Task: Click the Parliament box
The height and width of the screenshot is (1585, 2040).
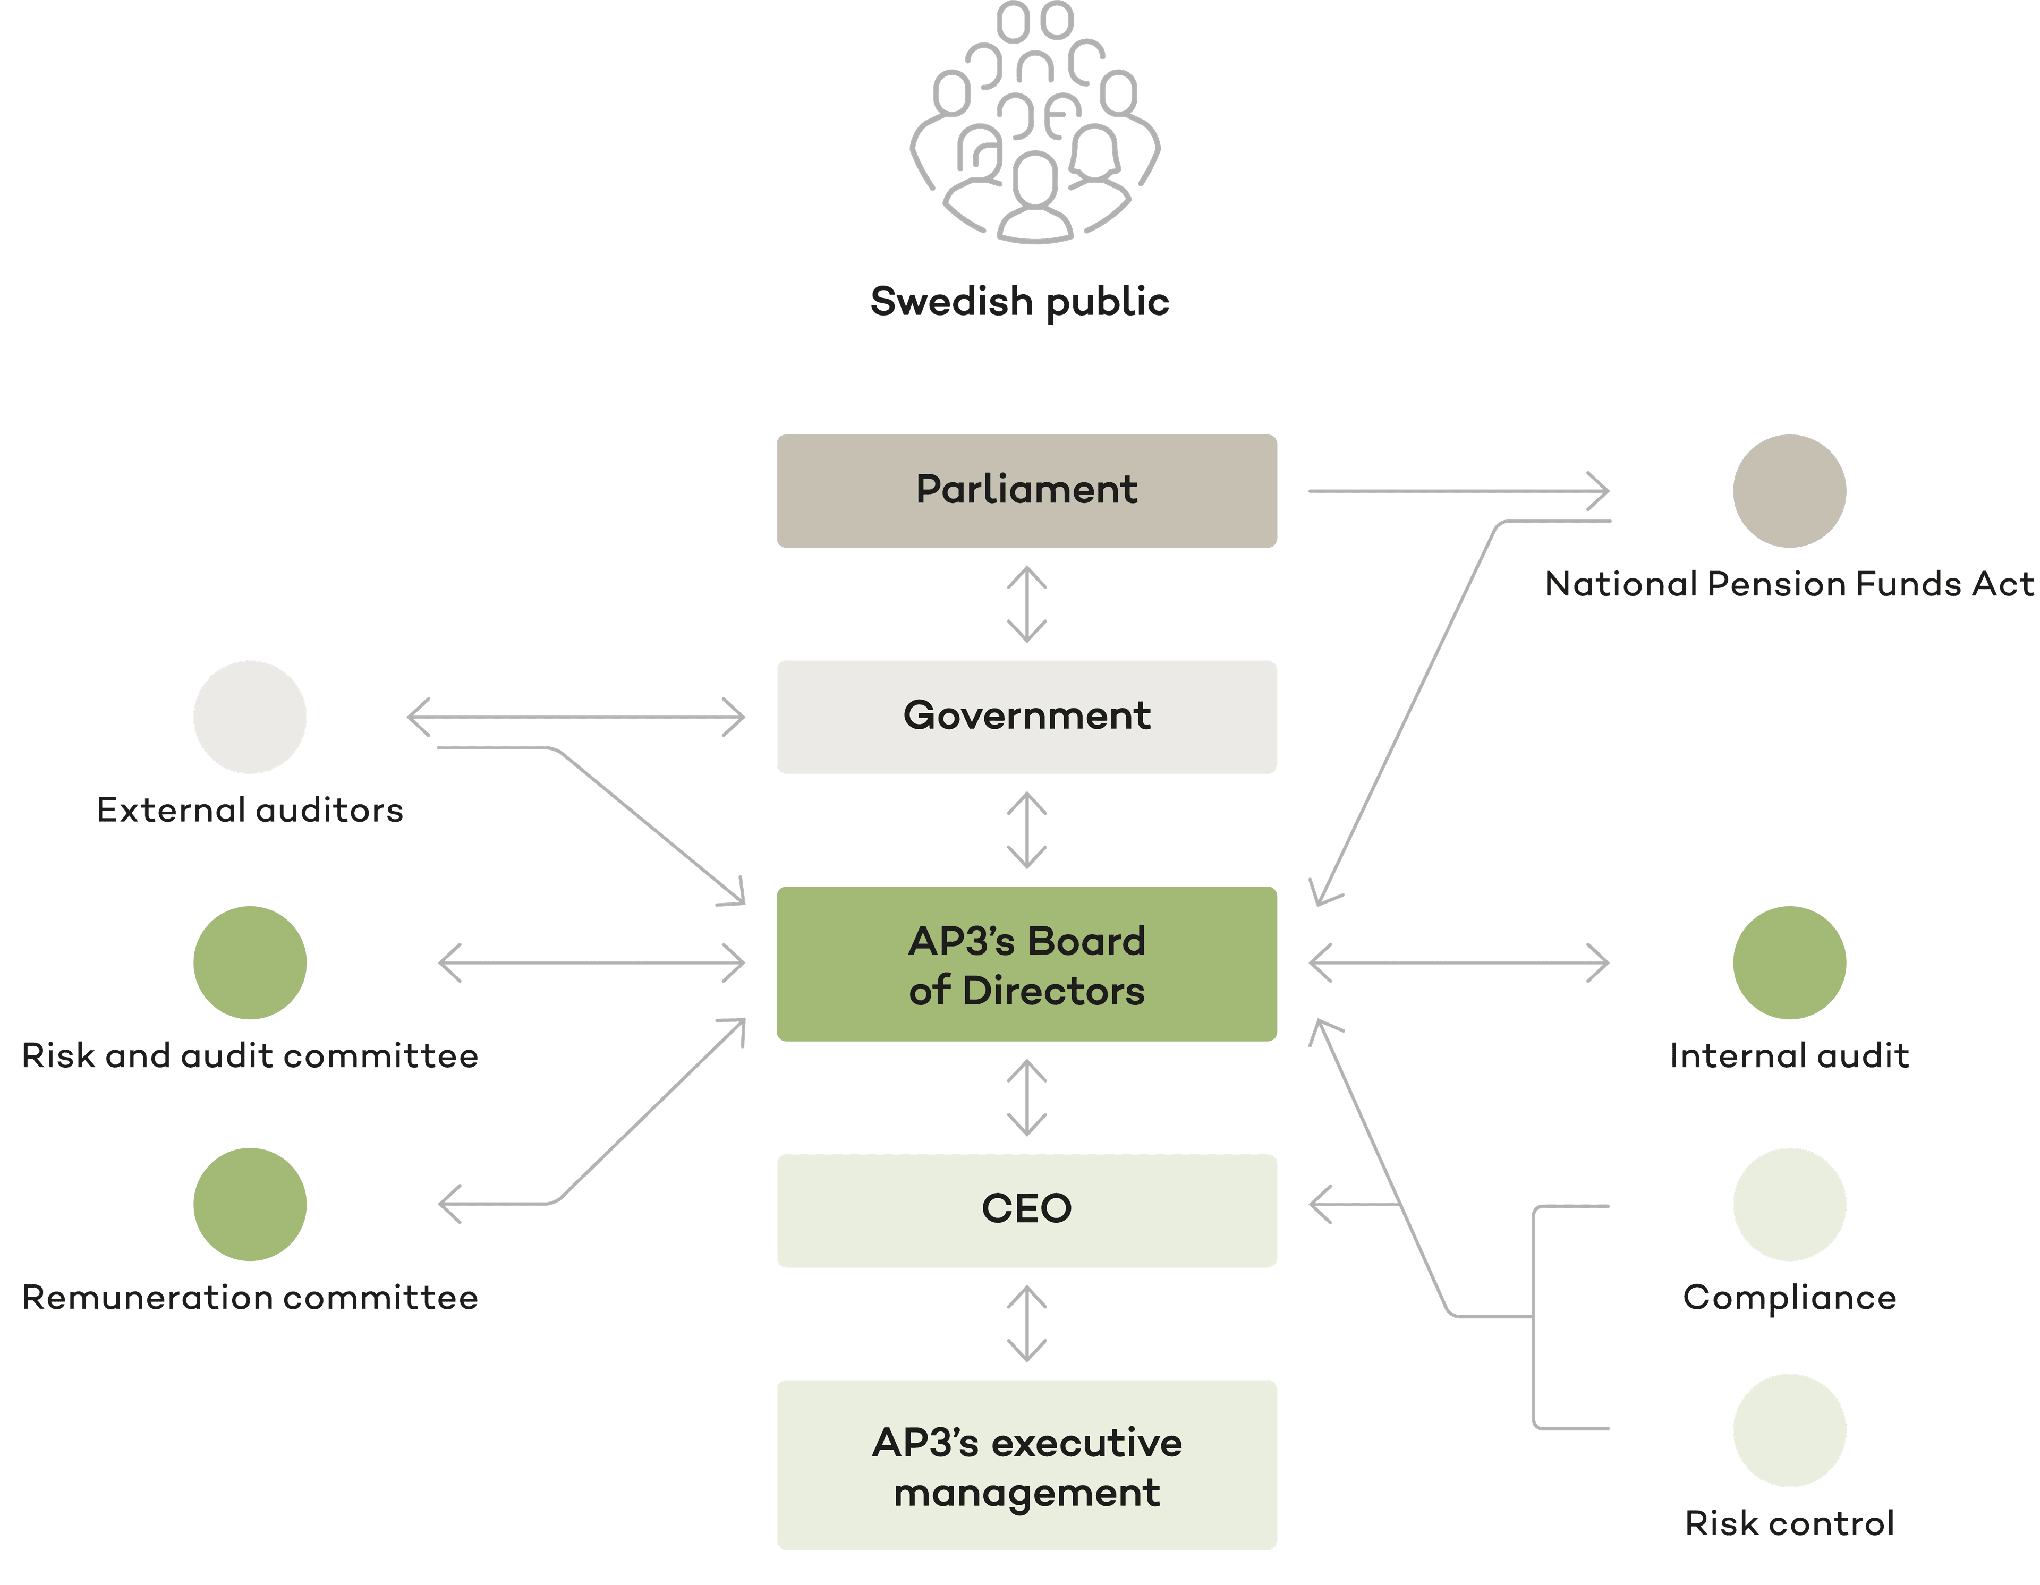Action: pyautogui.click(x=1026, y=490)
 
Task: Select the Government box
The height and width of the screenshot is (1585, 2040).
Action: pyautogui.click(x=1026, y=717)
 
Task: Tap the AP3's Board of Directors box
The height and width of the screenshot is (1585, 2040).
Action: pyautogui.click(x=1026, y=964)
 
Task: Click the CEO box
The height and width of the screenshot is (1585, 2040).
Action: pyautogui.click(x=1026, y=1209)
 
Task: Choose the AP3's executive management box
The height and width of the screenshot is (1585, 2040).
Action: pyautogui.click(x=1026, y=1464)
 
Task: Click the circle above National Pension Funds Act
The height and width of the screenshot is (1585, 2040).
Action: pyautogui.click(x=1789, y=490)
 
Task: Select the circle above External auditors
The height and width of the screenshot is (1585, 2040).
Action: pyautogui.click(x=249, y=717)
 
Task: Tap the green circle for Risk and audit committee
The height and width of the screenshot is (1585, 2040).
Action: pyautogui.click(x=249, y=962)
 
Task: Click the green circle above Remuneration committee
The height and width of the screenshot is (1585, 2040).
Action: pyautogui.click(x=249, y=1204)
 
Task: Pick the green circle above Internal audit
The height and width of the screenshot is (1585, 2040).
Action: pyautogui.click(x=1789, y=962)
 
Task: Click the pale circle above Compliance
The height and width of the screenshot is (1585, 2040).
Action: pyautogui.click(x=1789, y=1204)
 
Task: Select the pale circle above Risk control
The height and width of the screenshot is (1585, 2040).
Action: pyautogui.click(x=1789, y=1430)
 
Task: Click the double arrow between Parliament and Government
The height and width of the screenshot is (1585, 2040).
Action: pyautogui.click(x=1026, y=604)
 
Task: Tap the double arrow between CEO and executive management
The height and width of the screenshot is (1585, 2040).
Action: pyautogui.click(x=1026, y=1324)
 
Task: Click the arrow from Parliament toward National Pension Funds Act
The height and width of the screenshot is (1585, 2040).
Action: pyautogui.click(x=1457, y=490)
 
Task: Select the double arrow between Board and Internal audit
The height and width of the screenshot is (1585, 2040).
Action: pyautogui.click(x=1458, y=962)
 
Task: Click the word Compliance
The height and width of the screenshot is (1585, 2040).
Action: pyautogui.click(x=1789, y=1297)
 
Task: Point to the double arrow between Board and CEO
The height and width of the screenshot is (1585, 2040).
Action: pyautogui.click(x=1026, y=1097)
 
